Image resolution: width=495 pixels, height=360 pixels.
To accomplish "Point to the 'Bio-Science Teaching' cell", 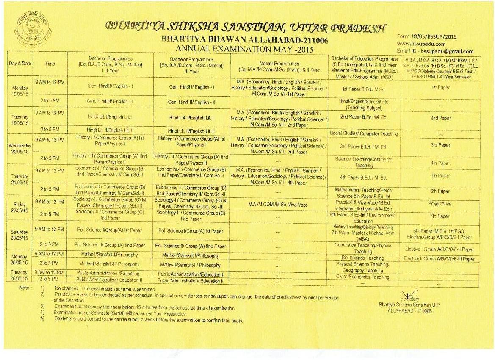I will (362, 258).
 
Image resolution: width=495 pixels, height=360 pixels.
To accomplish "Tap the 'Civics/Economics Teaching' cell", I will (362, 277).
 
